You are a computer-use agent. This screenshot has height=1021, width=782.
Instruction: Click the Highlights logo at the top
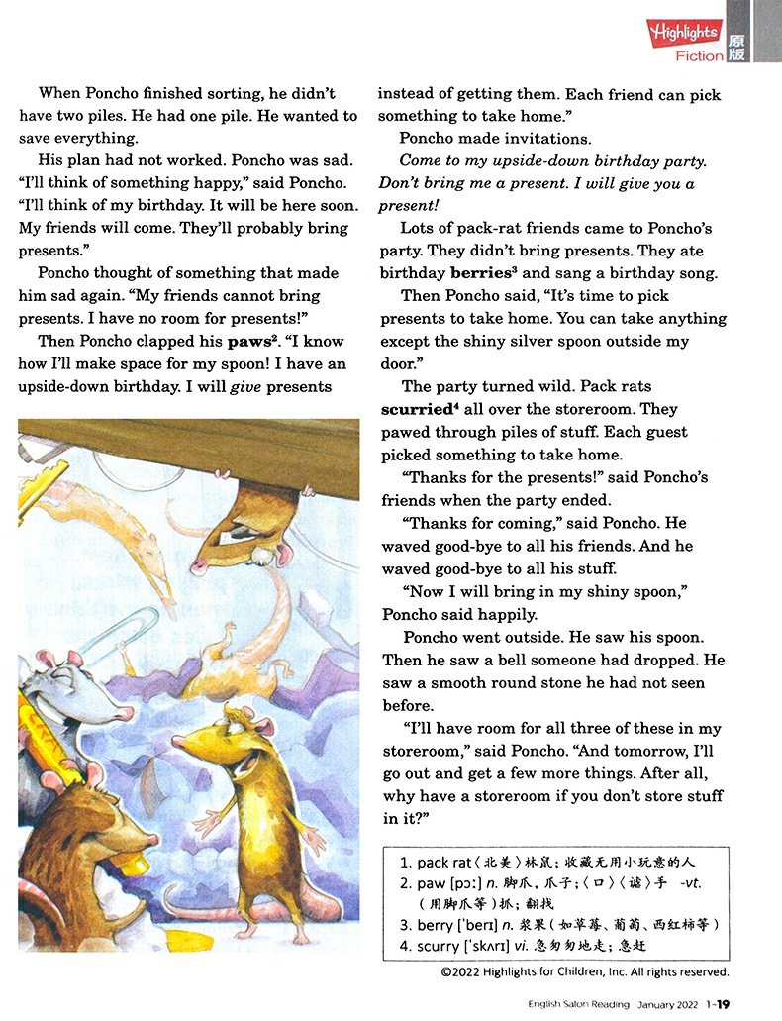tap(683, 32)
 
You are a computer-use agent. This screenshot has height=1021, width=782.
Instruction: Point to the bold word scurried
tap(419, 409)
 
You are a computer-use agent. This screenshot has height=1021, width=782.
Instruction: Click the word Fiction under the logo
tap(699, 56)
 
